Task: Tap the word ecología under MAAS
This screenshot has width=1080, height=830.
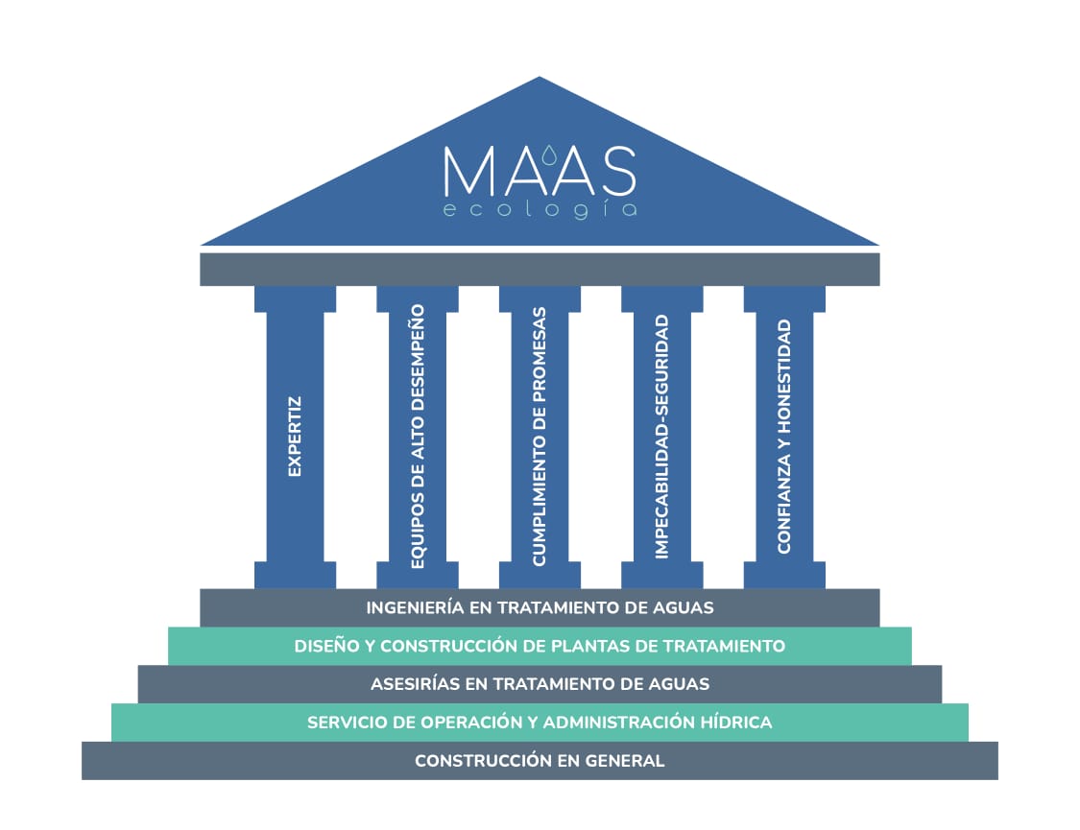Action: (x=540, y=209)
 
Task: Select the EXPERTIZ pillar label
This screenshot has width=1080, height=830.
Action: (x=295, y=437)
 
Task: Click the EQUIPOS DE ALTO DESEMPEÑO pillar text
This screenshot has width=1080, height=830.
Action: (x=417, y=437)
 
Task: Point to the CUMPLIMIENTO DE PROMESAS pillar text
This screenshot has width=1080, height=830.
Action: (x=540, y=437)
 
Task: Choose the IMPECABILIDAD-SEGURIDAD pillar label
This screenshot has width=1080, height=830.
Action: (x=661, y=437)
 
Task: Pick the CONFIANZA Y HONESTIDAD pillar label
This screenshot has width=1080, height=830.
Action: (x=784, y=437)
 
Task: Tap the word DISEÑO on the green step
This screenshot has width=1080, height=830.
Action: (x=325, y=646)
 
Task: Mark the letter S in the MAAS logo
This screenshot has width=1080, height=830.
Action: (x=614, y=171)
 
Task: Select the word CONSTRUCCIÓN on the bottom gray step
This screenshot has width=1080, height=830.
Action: (x=479, y=761)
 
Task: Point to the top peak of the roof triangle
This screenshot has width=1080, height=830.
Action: (x=540, y=79)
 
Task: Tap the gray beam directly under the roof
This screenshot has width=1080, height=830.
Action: (x=540, y=269)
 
